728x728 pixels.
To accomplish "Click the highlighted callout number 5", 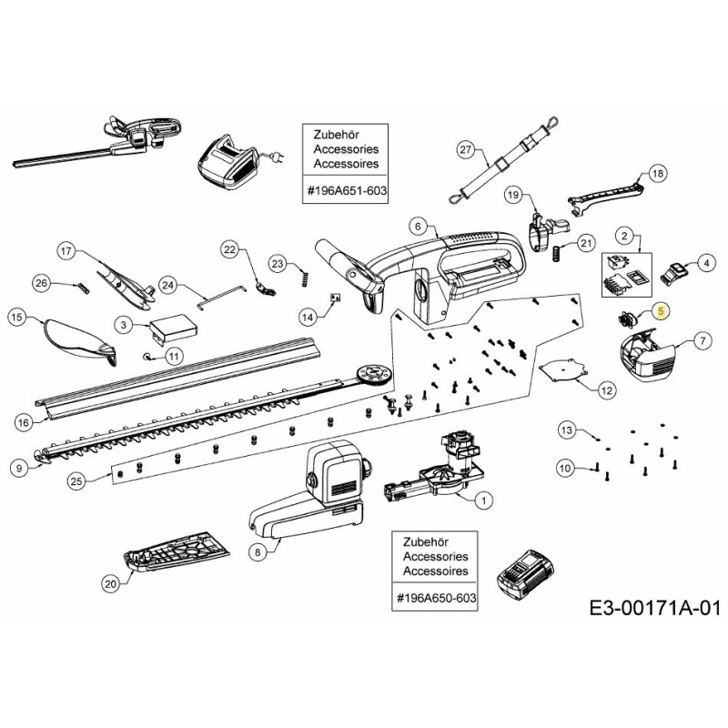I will click(x=661, y=311).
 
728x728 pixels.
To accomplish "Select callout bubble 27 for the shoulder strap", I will click(x=466, y=149).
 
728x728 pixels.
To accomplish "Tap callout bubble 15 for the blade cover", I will click(x=15, y=318).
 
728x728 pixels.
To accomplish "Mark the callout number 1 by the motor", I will click(x=482, y=499).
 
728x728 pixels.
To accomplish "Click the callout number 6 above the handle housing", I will click(x=417, y=226).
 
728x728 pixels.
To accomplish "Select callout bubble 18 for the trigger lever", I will click(x=658, y=173).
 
